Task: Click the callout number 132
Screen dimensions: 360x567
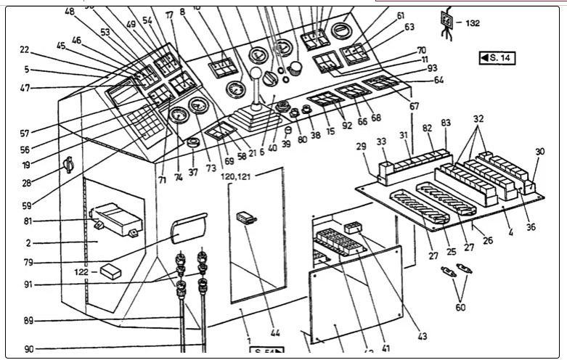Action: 473,23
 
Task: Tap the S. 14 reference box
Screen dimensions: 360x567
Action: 497,57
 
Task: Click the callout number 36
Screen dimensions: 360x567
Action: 531,227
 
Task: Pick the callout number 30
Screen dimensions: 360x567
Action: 539,152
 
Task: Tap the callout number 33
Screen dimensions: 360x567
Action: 381,142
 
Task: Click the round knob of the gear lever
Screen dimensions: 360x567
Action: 256,74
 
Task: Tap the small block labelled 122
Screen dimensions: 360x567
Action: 113,271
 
